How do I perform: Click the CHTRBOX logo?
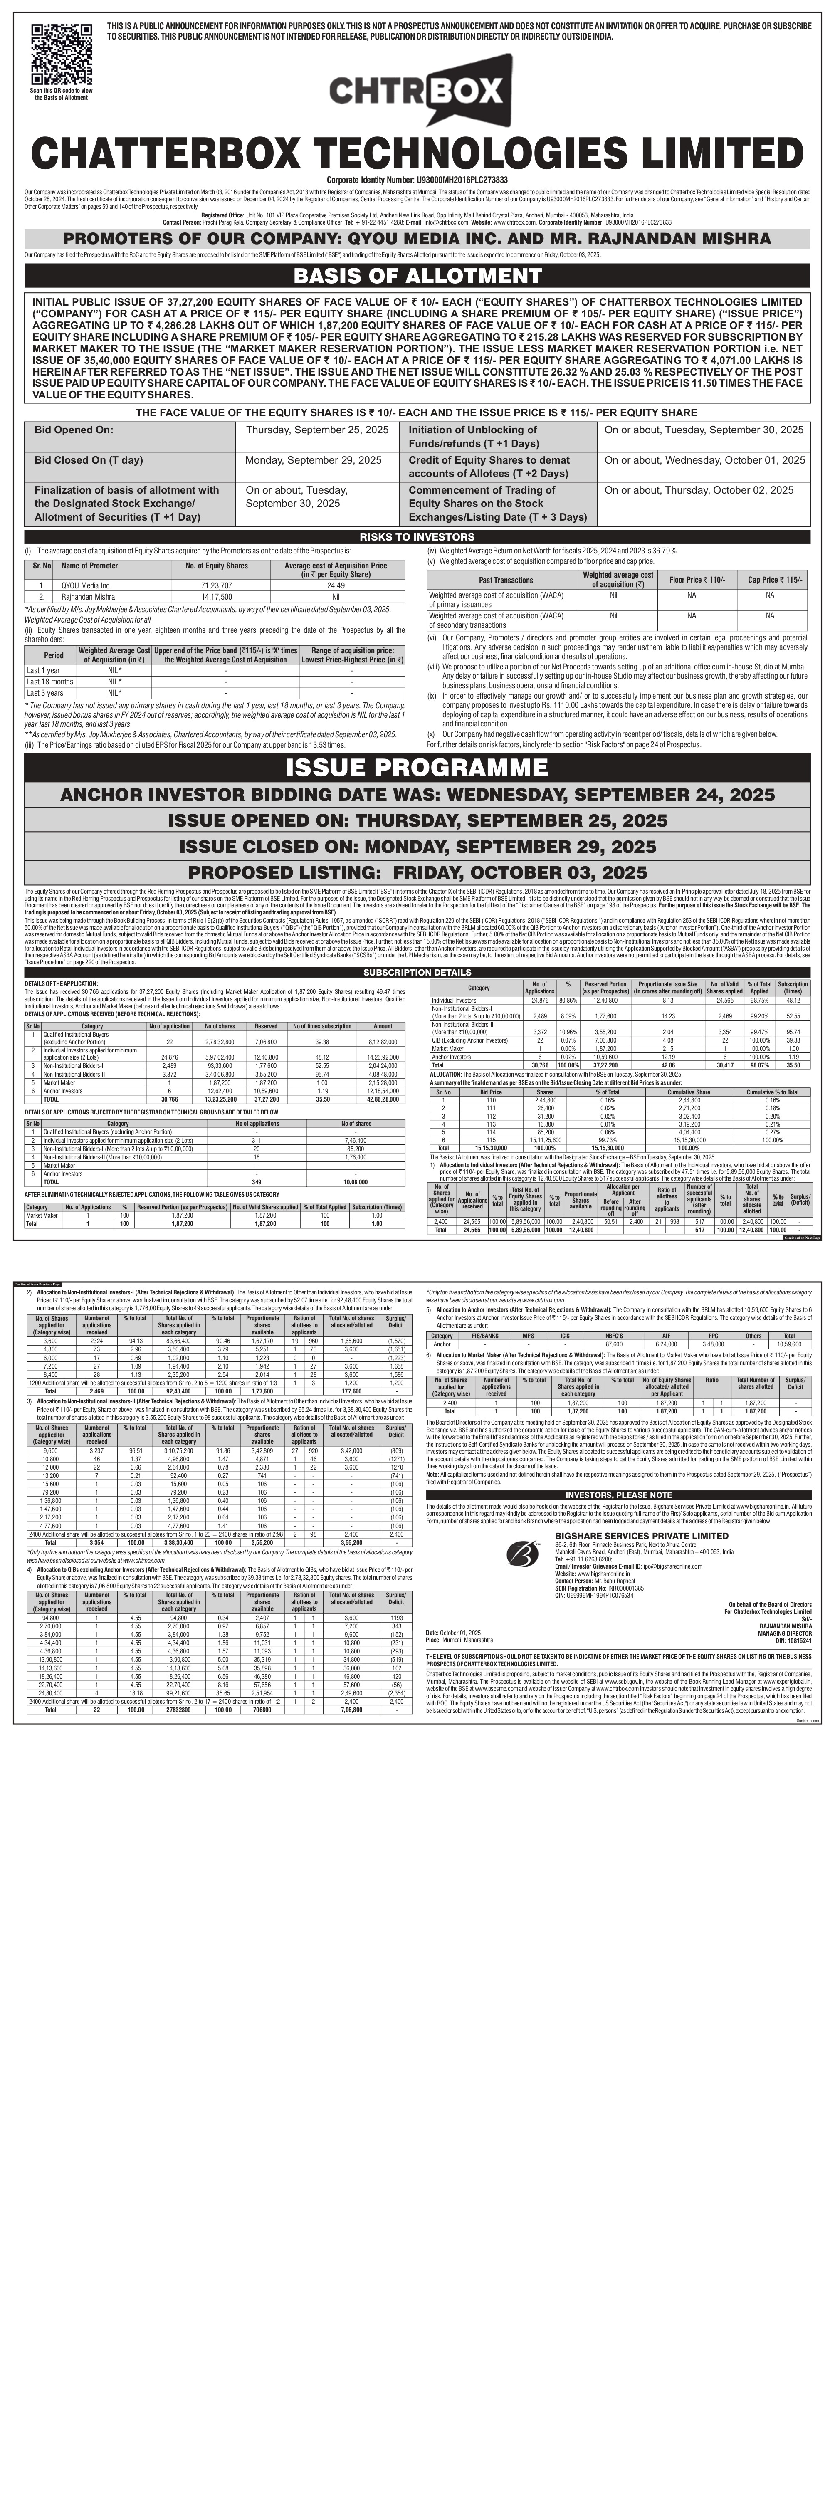click(418, 92)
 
